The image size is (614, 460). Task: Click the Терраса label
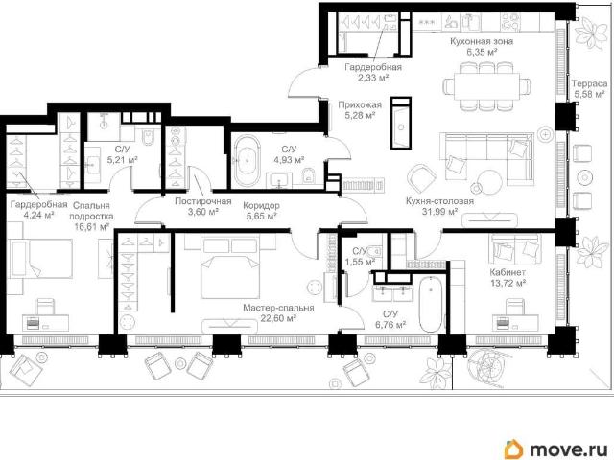coord(589,83)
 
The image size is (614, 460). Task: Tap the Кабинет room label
coord(508,272)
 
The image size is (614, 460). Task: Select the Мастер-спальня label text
coord(278,308)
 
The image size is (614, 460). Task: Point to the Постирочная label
coord(202,201)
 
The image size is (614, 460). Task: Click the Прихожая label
coord(360,104)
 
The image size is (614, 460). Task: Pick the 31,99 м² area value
coord(439,212)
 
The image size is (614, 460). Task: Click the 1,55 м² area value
coord(361,261)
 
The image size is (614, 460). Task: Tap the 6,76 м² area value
coord(390,325)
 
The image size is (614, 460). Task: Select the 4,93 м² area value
coord(289,160)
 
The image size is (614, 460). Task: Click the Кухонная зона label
coord(482,41)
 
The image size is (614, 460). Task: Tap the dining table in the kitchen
coord(486,86)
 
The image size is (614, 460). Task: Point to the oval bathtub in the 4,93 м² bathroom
coord(248,161)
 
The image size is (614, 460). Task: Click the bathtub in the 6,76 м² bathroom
coord(433,304)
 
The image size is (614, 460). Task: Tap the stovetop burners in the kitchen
coord(510,21)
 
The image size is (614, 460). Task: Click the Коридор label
coord(261,206)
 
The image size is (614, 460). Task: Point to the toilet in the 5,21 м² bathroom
coord(149,136)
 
